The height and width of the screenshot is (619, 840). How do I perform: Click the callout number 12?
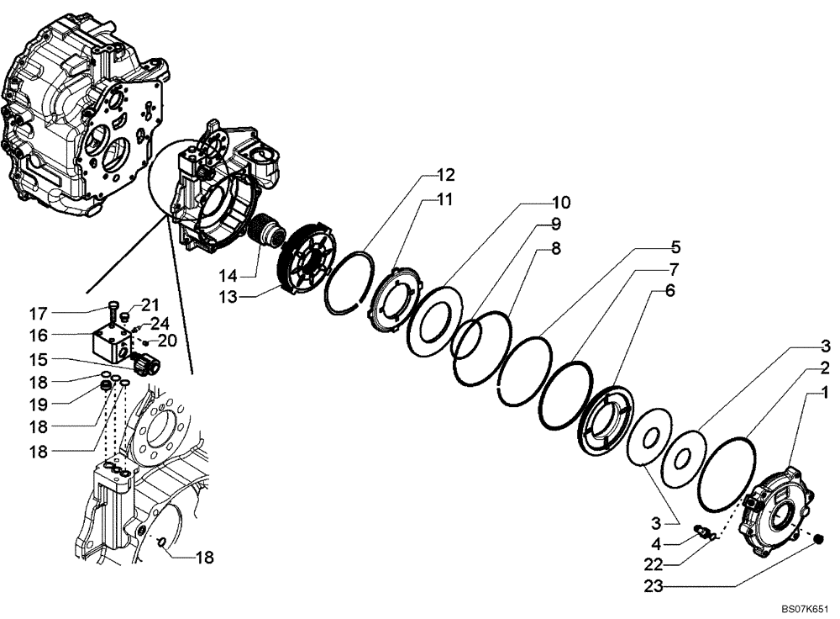[x=445, y=176]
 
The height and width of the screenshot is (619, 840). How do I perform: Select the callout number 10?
[x=560, y=203]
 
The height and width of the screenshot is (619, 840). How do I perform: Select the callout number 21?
[x=150, y=304]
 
